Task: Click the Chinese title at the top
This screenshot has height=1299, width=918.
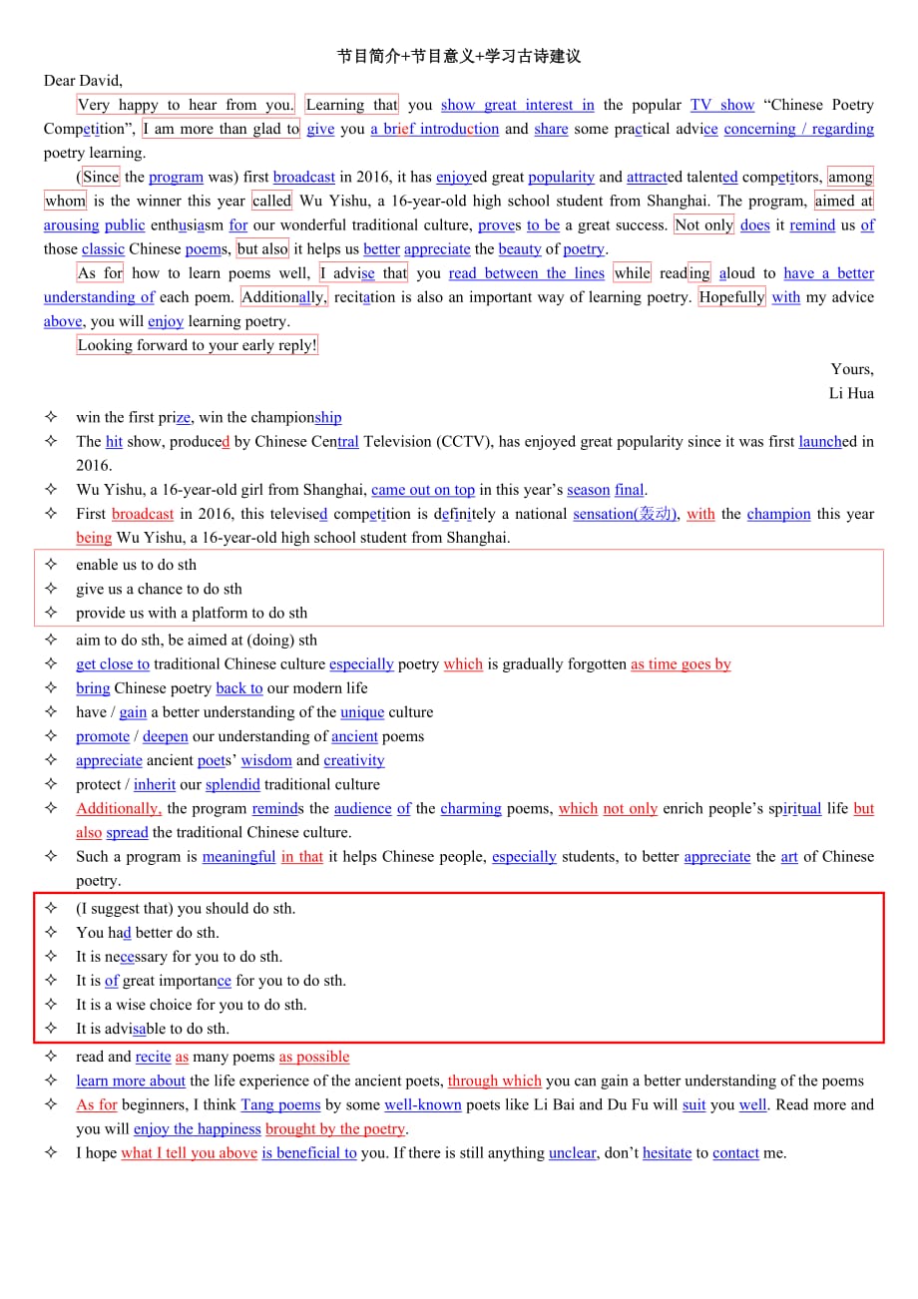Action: click(x=459, y=57)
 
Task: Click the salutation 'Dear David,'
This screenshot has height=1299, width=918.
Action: click(x=83, y=81)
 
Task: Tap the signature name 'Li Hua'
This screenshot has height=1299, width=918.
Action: click(x=851, y=393)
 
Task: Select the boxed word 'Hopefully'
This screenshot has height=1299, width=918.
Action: click(x=732, y=297)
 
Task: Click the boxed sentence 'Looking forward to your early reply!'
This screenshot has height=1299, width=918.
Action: click(x=197, y=345)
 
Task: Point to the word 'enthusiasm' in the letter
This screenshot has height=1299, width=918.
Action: click(x=187, y=225)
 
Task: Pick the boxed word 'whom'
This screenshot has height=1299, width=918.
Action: click(x=65, y=201)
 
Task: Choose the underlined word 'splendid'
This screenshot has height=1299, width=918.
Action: click(x=232, y=785)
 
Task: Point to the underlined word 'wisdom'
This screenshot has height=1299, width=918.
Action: click(x=266, y=761)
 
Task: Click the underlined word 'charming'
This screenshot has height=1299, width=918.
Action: click(x=471, y=809)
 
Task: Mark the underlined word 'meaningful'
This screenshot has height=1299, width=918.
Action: click(x=238, y=857)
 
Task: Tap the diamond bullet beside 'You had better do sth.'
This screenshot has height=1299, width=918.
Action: click(x=51, y=933)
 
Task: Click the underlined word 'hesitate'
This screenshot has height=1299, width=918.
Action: click(x=667, y=1153)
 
